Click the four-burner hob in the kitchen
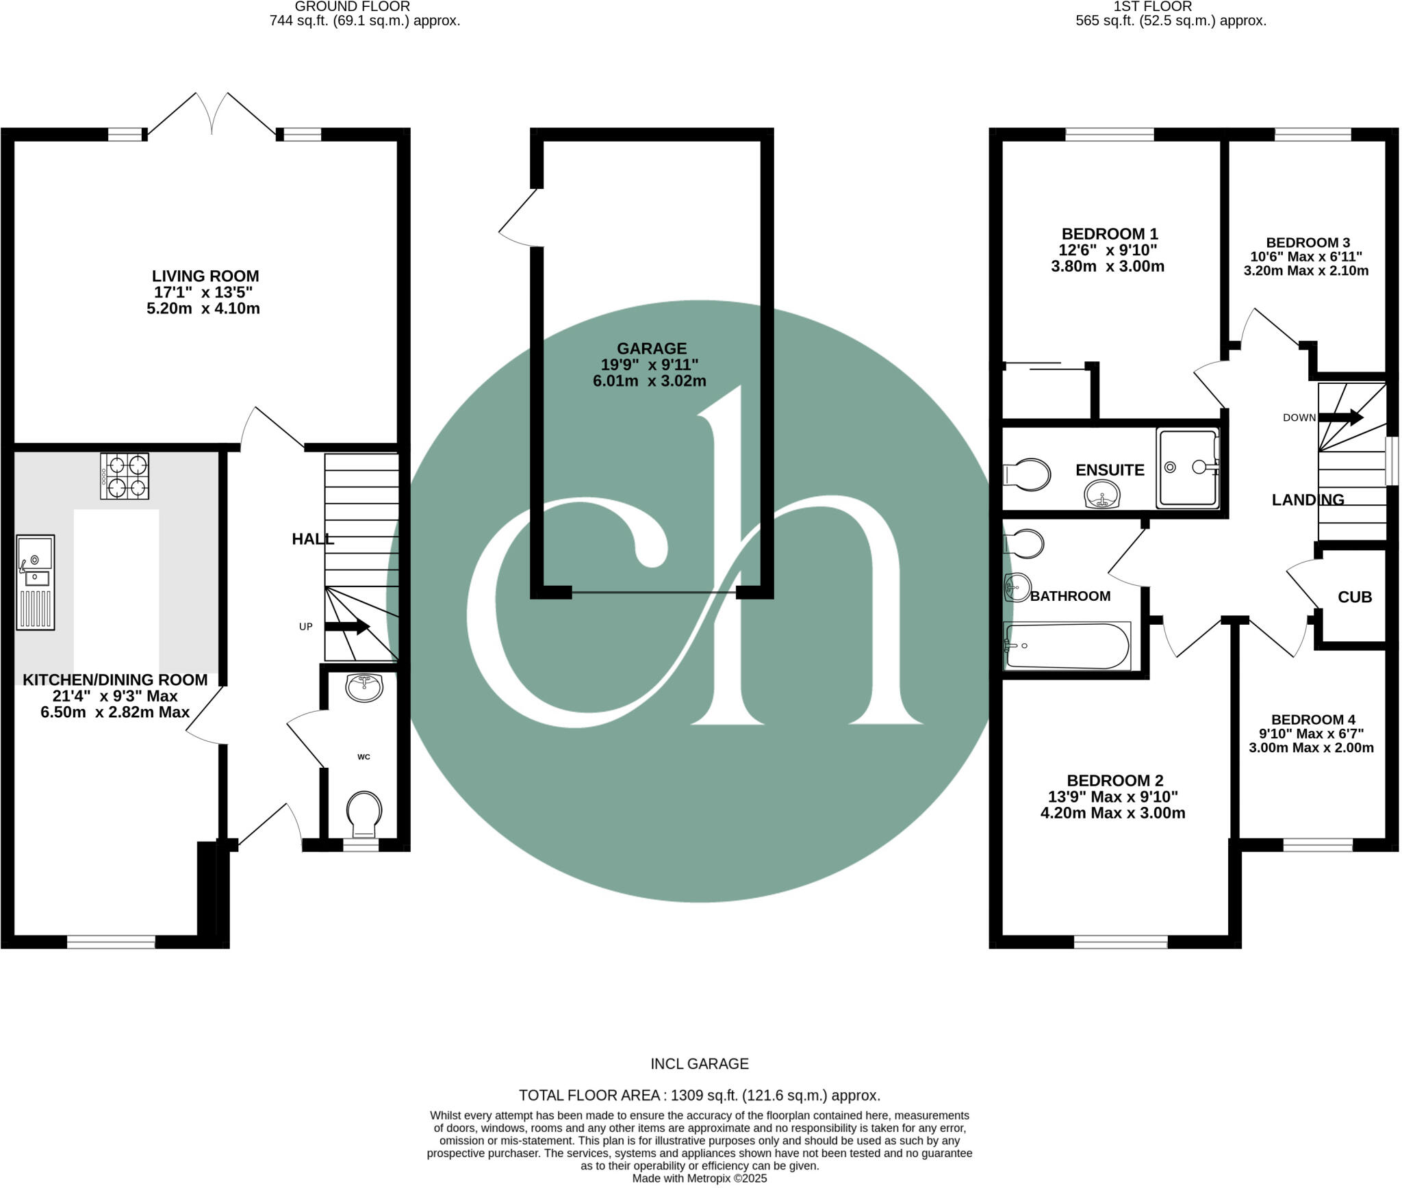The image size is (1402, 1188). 125,476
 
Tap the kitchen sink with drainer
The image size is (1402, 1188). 35,582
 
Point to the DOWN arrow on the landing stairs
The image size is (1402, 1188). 1340,417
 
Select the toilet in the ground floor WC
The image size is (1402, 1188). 364,813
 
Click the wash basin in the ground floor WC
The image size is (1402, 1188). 364,687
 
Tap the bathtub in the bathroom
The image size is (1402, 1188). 1066,645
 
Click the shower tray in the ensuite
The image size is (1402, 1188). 1188,468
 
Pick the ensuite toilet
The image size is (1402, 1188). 1027,474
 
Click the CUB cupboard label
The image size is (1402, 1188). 1354,597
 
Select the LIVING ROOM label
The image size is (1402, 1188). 205,276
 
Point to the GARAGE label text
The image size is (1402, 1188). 651,348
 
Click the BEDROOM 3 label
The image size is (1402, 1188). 1308,243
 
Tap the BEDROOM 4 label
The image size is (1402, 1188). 1312,720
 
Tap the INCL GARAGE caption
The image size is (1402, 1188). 699,1063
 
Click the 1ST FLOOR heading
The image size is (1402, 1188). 1170,6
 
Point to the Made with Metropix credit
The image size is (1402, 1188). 699,1178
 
